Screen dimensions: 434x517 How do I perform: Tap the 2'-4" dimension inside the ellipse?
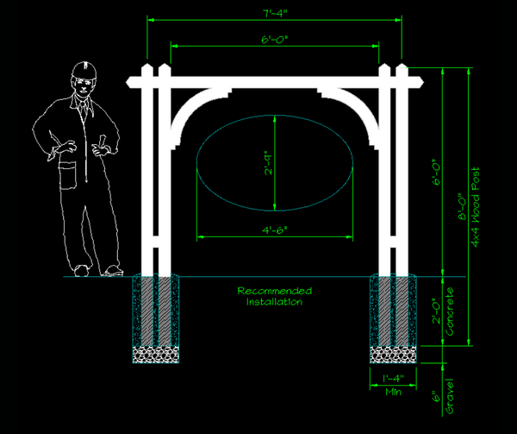coord(269,162)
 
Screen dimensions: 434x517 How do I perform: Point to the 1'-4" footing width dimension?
coord(393,377)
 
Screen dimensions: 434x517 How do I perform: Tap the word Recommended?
coord(275,291)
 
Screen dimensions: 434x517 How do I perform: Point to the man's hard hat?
coord(83,69)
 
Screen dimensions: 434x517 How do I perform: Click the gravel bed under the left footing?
coord(157,354)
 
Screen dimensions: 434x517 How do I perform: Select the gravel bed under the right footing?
coord(393,354)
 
